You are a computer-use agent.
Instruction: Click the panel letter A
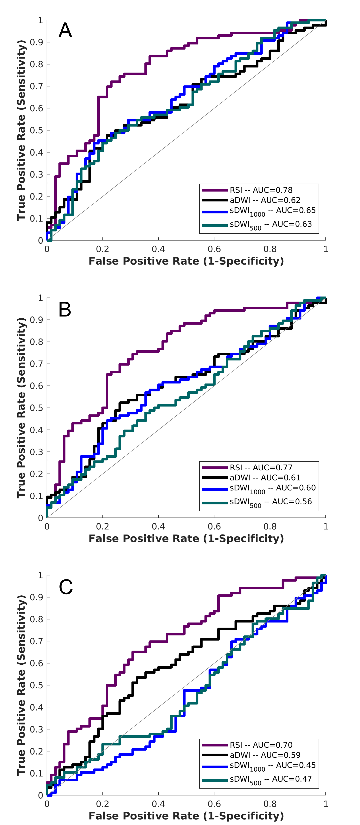65,30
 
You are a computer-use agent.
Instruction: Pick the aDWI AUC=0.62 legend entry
265,200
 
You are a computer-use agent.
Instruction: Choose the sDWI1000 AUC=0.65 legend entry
272,211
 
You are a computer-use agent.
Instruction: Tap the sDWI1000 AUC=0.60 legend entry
272,488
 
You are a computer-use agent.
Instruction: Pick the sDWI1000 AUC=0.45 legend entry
272,766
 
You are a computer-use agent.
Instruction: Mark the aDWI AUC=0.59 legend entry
265,755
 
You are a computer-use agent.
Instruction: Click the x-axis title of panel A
186,261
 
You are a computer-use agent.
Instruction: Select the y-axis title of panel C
21,685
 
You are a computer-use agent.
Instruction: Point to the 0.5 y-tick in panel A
36,130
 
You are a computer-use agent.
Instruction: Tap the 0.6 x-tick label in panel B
214,526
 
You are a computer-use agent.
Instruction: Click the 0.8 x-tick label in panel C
270,804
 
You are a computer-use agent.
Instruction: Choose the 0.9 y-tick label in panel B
36,320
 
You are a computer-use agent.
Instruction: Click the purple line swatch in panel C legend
215,745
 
